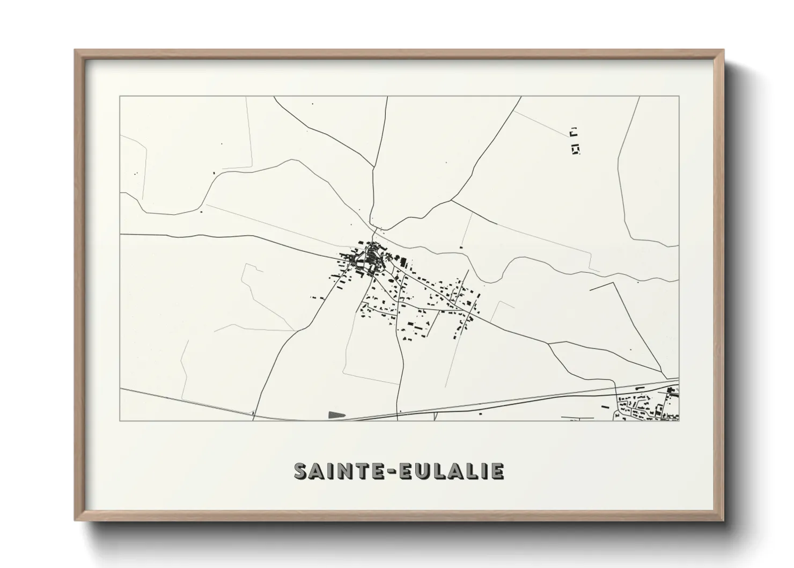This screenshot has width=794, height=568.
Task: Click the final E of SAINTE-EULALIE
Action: tap(498, 471)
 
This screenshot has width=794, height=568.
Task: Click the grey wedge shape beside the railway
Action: tap(335, 414)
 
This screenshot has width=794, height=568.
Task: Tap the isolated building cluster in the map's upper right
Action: tap(575, 141)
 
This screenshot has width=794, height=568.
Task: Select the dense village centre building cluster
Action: tap(366, 259)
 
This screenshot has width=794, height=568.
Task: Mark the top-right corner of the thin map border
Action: tap(679, 97)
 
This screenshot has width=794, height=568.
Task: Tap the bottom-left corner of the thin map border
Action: tap(120, 420)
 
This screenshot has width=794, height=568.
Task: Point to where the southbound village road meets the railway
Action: tap(398, 412)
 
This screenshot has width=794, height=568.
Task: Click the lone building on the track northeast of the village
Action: tap(460, 247)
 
